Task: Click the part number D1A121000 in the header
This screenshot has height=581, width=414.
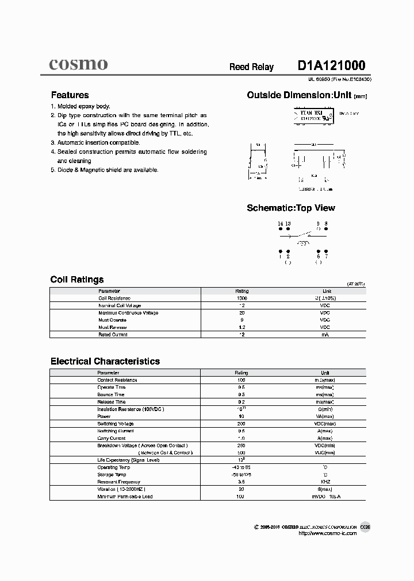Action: pyautogui.click(x=331, y=66)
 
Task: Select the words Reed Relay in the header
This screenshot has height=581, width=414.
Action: pyautogui.click(x=251, y=67)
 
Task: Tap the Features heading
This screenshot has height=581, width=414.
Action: pyautogui.click(x=70, y=95)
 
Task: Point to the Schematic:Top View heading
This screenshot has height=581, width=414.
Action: pyautogui.click(x=290, y=208)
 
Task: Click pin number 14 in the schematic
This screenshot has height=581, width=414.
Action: pyautogui.click(x=280, y=223)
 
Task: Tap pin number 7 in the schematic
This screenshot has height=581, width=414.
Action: pyautogui.click(x=326, y=257)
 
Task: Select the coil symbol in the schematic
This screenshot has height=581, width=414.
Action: pyautogui.click(x=302, y=242)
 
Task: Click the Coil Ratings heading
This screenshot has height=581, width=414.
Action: pyautogui.click(x=77, y=280)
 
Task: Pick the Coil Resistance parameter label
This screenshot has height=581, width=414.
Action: pyautogui.click(x=114, y=299)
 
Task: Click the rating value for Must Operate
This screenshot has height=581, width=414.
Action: pyautogui.click(x=241, y=320)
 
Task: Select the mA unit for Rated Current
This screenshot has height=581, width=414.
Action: pyautogui.click(x=326, y=334)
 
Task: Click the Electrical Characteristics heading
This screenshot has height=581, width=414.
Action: pyautogui.click(x=105, y=361)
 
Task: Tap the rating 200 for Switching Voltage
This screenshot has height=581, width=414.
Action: pyautogui.click(x=241, y=424)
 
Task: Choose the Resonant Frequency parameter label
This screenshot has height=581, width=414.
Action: pyautogui.click(x=118, y=482)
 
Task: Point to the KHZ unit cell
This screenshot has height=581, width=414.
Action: pyautogui.click(x=325, y=482)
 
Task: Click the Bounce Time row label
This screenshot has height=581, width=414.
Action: pyautogui.click(x=110, y=394)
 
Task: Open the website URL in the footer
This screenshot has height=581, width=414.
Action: pyautogui.click(x=328, y=533)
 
